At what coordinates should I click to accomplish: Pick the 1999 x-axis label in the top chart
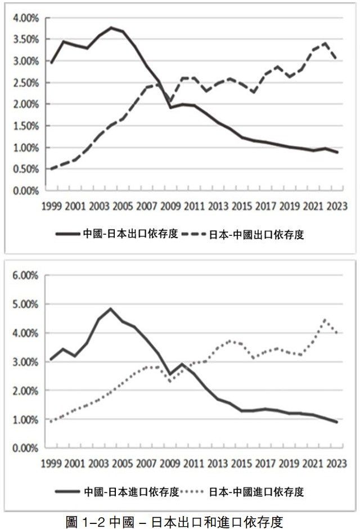52,205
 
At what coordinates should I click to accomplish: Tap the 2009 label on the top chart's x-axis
171,205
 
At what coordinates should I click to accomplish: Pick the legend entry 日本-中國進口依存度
256,492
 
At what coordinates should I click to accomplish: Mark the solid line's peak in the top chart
111,27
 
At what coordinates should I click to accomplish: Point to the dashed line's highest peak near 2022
325,42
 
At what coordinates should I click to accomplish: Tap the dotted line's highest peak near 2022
325,320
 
